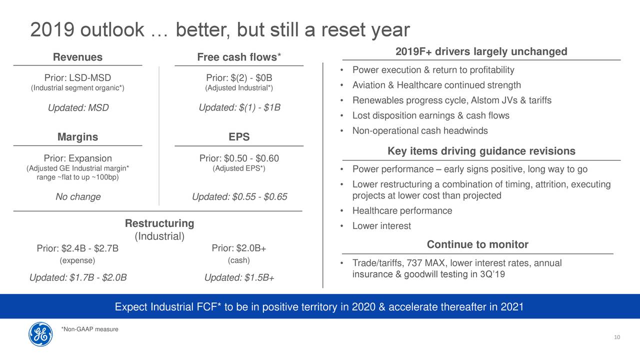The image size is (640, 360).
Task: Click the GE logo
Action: (40, 334)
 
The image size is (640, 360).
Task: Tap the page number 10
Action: (617, 337)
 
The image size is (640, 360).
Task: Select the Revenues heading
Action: (77, 57)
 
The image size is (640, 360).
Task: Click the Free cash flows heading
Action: (239, 57)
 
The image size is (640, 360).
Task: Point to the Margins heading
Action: (77, 137)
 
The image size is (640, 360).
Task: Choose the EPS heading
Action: (239, 137)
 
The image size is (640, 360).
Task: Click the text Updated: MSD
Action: (78, 107)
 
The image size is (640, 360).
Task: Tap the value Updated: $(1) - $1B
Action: (239, 107)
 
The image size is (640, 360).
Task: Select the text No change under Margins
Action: (78, 196)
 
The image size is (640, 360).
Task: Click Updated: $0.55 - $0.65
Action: (239, 196)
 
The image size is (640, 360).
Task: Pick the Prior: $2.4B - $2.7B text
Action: (77, 248)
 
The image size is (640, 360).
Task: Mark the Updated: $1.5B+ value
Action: (239, 277)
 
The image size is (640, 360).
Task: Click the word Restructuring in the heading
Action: (159, 223)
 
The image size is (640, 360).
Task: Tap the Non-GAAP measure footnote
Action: (89, 329)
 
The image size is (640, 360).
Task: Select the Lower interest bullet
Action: (381, 225)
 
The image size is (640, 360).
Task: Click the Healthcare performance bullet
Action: (402, 210)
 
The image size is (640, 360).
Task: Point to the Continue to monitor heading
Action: (477, 244)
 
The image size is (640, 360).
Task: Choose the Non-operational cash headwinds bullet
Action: (420, 130)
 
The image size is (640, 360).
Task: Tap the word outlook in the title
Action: (112, 29)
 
